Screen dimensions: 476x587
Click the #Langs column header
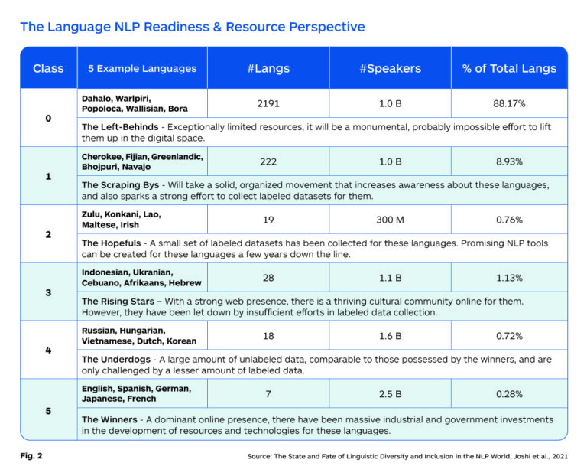268,68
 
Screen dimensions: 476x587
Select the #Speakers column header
390,68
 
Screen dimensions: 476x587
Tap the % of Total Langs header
509,68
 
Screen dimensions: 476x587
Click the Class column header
48,68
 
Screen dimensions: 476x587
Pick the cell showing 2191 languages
268,103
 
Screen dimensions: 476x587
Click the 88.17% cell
509,103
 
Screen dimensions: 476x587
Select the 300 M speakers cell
390,220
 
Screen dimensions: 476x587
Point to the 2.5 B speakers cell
390,393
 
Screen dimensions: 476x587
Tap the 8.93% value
509,161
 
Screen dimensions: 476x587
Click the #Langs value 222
268,161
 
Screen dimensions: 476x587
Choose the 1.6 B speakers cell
390,335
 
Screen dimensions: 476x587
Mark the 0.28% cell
509,393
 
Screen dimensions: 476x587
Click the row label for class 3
48,292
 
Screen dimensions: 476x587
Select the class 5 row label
48,411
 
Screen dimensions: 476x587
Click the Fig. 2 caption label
31,456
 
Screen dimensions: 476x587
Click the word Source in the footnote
263,457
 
